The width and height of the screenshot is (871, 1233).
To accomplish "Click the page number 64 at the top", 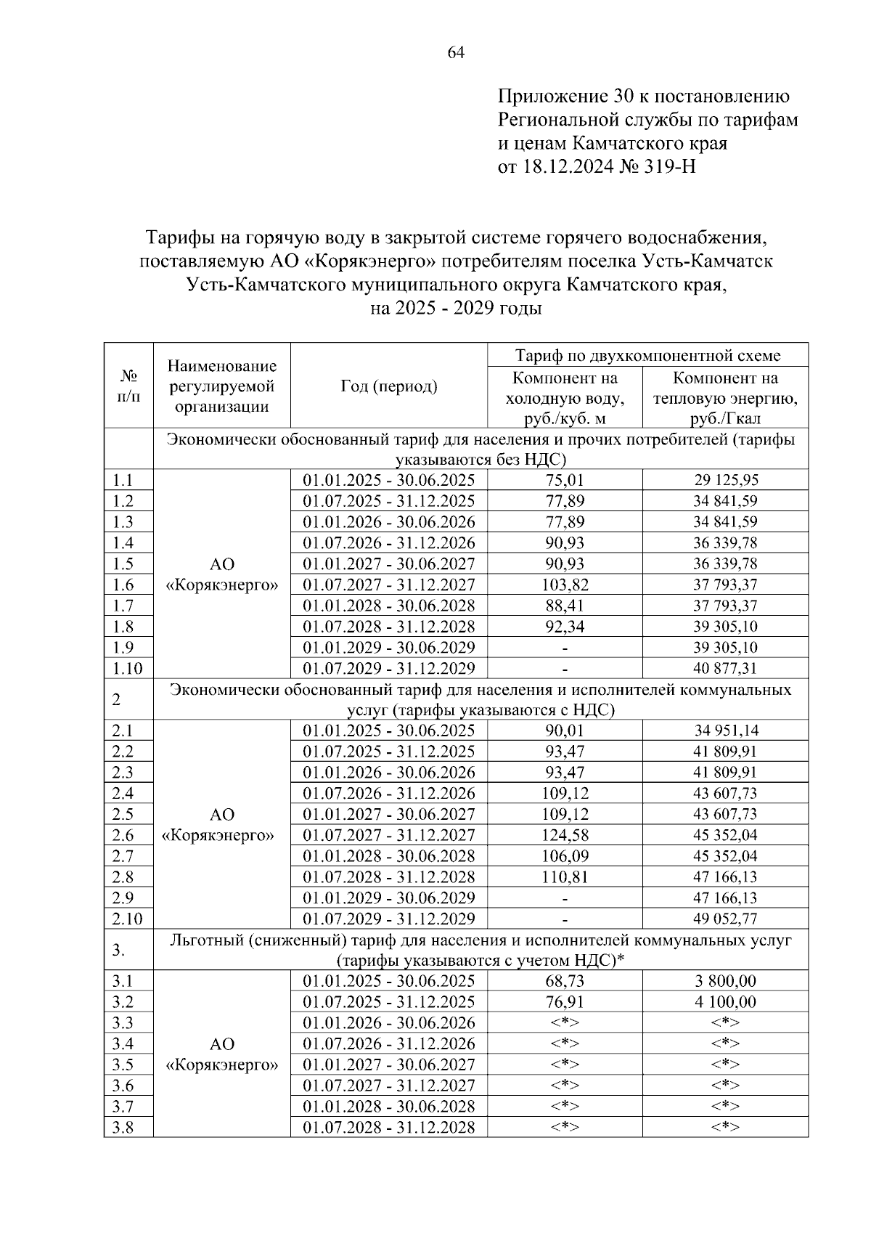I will pos(456,52).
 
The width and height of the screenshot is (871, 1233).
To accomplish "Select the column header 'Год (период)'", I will pos(389,386).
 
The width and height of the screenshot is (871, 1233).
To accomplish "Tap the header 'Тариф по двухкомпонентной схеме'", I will pos(647,355).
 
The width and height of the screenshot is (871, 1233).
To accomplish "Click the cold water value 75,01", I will pos(565,480).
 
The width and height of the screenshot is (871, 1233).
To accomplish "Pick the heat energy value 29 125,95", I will pos(725,480).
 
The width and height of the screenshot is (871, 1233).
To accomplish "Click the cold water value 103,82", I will pos(565,585).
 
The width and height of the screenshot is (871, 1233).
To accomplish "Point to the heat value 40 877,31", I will pos(725,668).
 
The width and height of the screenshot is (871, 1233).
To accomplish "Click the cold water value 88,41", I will pos(565,606).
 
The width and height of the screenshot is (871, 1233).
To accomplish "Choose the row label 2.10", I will pos(128,919).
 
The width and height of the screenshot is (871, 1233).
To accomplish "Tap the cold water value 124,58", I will pos(565,835).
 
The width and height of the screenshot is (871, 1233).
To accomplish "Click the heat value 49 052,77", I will pos(725,919).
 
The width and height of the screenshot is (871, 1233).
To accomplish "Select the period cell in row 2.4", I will pos(389,793).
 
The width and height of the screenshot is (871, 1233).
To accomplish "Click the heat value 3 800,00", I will pos(725,981).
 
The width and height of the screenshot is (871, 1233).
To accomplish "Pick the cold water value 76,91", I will pos(565,1002).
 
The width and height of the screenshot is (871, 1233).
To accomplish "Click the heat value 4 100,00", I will pos(725,1002).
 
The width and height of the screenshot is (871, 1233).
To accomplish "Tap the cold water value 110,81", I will pos(565,876).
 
